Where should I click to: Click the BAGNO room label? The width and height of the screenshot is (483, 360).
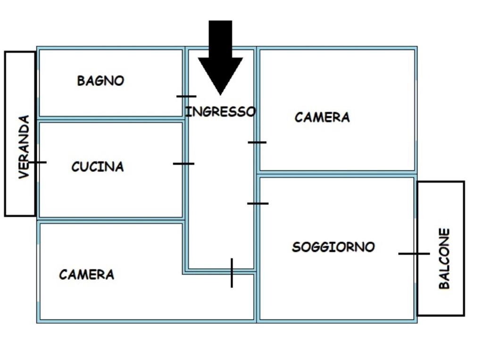click(x=100, y=81)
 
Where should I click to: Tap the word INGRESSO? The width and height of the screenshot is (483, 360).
click(x=221, y=111)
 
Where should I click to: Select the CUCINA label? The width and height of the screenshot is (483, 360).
click(x=98, y=167)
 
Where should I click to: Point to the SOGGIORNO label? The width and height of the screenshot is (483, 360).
click(x=333, y=247)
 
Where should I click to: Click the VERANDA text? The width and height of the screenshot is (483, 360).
click(x=24, y=147)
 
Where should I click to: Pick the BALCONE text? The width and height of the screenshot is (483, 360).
click(x=444, y=258)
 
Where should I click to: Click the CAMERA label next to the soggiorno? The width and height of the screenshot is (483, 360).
click(x=322, y=117)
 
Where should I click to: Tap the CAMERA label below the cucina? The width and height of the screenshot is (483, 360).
click(x=87, y=274)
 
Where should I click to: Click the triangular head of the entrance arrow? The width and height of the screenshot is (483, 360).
click(x=220, y=75)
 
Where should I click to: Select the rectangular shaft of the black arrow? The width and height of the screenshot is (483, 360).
click(x=220, y=39)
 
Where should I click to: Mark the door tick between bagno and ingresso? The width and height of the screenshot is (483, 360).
click(x=186, y=96)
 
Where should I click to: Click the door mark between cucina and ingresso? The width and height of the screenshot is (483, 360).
click(x=183, y=164)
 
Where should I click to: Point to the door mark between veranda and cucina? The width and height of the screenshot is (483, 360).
click(x=37, y=162)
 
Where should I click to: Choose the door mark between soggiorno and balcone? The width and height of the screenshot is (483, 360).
click(x=414, y=254)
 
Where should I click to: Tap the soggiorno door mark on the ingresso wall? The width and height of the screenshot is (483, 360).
click(x=258, y=203)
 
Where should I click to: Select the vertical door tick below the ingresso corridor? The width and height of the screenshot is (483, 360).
click(x=232, y=273)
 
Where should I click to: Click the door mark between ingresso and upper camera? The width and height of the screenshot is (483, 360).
click(x=257, y=142)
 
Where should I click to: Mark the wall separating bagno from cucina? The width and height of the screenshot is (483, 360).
click(x=111, y=119)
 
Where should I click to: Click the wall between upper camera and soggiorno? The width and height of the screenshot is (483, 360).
click(x=337, y=174)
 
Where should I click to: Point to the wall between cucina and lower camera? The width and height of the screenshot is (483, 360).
click(x=111, y=220)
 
